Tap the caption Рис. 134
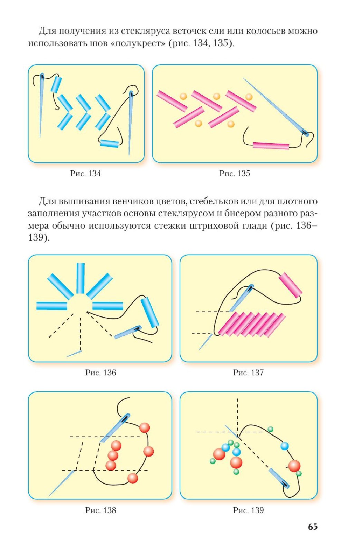[85, 173]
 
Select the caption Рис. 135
[235, 173]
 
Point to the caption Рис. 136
[101, 372]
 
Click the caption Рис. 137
[248, 372]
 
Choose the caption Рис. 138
[101, 510]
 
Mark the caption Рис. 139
[248, 510]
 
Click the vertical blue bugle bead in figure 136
[80, 278]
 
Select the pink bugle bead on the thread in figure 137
[291, 285]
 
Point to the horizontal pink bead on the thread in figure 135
[271, 146]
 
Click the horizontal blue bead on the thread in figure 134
[109, 143]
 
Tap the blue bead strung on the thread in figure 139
[284, 446]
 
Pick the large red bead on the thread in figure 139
[294, 466]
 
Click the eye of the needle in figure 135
[305, 133]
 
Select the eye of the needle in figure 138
[125, 419]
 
